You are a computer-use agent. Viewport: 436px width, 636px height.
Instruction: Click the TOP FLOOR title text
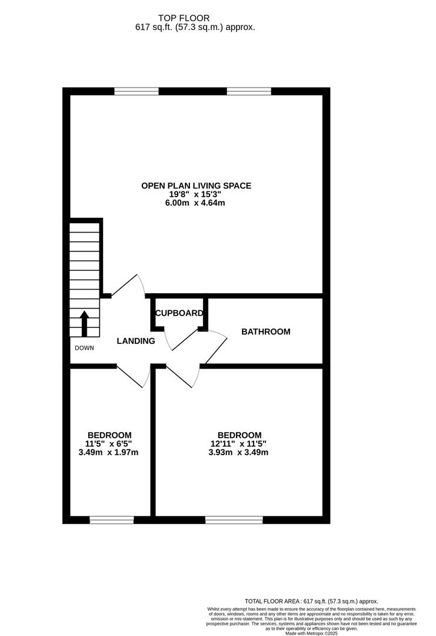tap(184, 18)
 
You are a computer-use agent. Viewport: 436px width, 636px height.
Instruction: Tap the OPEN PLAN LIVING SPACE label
tap(196, 185)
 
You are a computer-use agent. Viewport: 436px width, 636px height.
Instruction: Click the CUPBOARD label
tap(179, 313)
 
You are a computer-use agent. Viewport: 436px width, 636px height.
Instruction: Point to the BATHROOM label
tap(266, 332)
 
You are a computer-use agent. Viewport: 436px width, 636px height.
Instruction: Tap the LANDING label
tap(136, 341)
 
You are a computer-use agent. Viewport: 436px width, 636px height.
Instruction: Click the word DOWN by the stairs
tap(84, 347)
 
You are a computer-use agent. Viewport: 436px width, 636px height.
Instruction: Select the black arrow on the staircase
tap(84, 323)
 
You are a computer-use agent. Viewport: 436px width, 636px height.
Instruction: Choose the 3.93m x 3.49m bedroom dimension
tap(239, 452)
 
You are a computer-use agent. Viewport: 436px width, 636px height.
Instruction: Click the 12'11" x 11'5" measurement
tap(239, 444)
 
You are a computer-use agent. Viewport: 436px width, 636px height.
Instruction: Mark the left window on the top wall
tap(137, 91)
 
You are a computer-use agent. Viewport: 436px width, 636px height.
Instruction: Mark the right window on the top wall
tap(249, 91)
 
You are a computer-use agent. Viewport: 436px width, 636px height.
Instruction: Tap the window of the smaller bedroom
tap(112, 520)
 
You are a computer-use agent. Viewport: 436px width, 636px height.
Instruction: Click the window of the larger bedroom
tap(234, 520)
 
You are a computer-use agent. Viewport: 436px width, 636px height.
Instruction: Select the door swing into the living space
tap(128, 285)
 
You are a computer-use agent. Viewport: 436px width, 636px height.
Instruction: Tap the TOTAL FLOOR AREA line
tap(311, 601)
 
